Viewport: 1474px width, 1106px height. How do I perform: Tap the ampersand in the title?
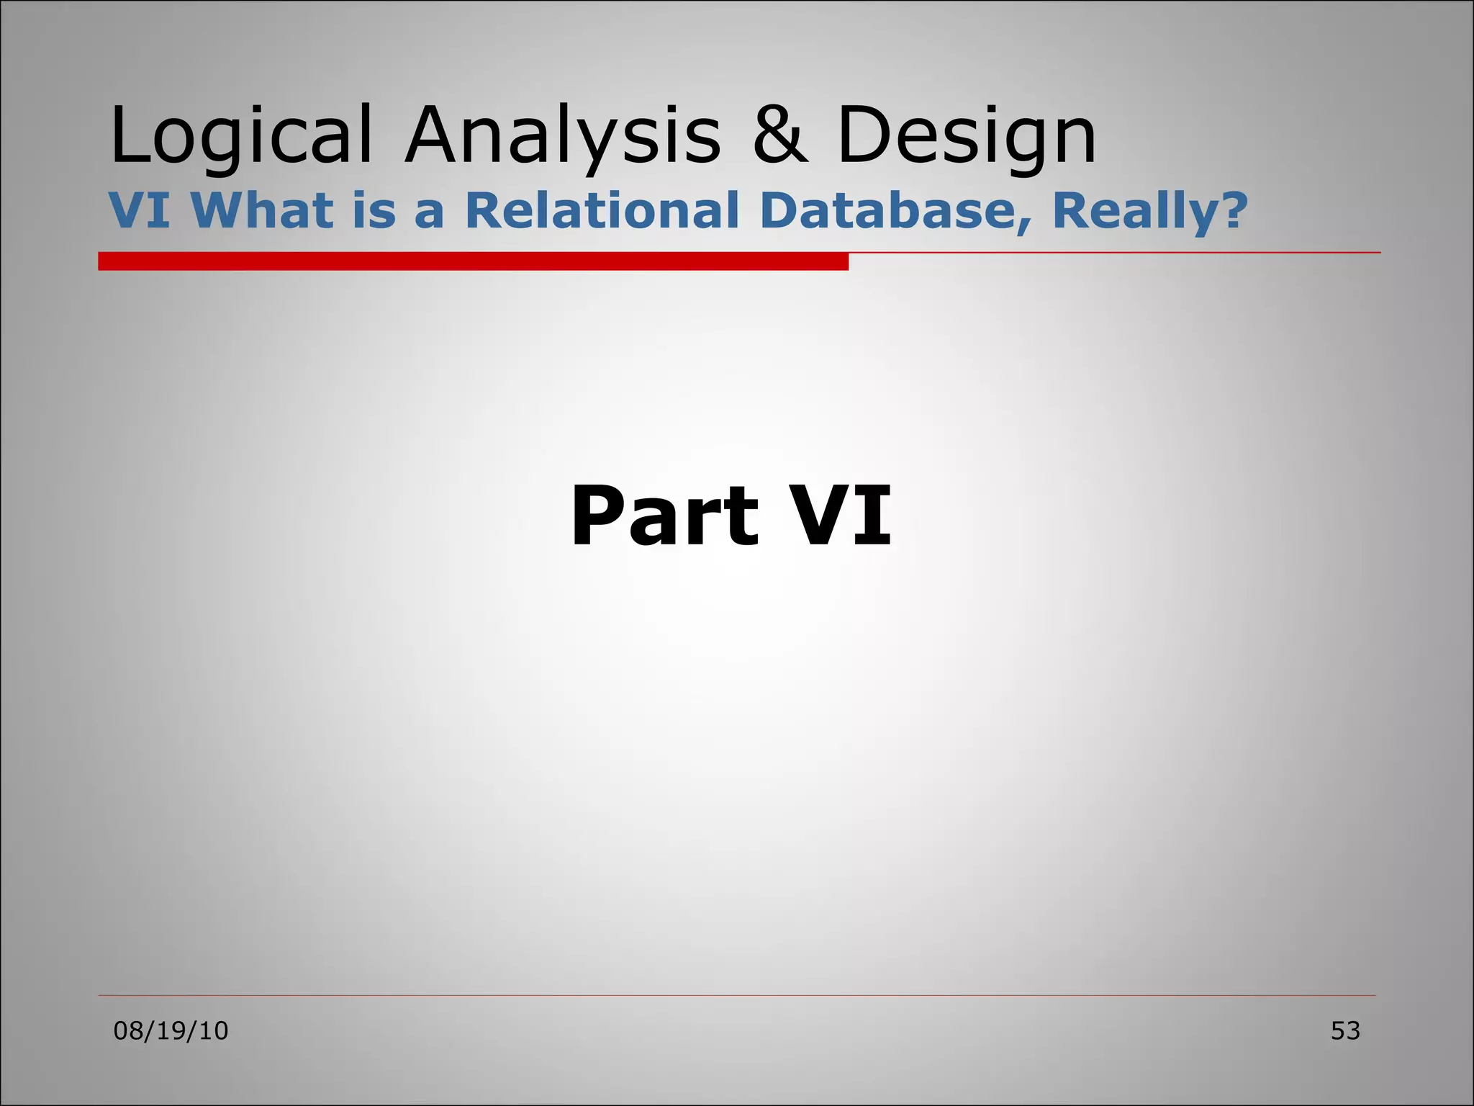(x=780, y=135)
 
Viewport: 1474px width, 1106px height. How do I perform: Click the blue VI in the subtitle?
(x=140, y=210)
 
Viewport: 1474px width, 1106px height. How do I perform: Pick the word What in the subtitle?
(x=262, y=210)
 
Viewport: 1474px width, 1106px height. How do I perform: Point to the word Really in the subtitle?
(x=1134, y=212)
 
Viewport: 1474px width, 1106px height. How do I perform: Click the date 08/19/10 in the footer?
(x=171, y=1031)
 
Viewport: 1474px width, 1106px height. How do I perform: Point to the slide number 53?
(x=1344, y=1031)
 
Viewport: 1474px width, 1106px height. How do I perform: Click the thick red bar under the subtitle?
(x=473, y=261)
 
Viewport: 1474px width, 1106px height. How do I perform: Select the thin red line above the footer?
(x=736, y=996)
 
